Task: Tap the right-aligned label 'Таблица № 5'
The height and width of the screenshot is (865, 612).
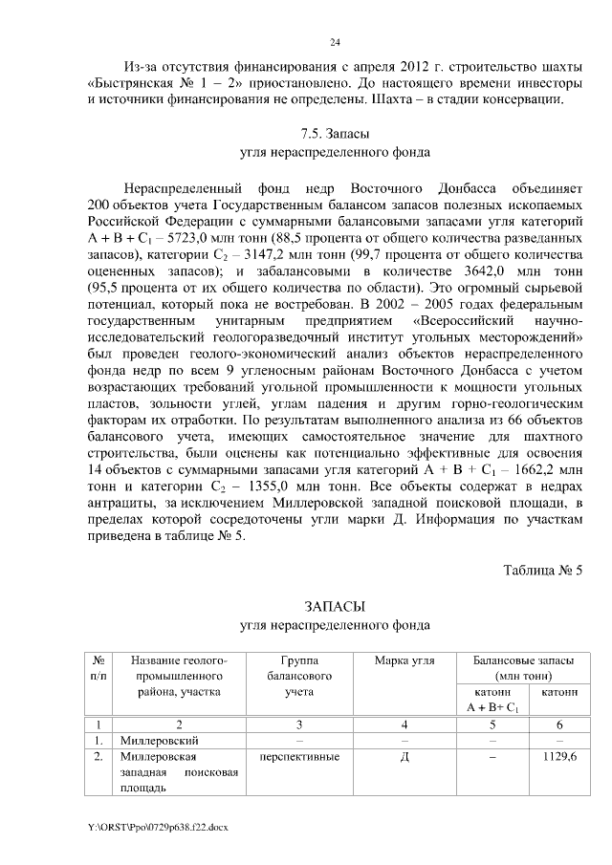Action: pyautogui.click(x=542, y=571)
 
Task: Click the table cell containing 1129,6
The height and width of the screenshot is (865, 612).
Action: pyautogui.click(x=559, y=757)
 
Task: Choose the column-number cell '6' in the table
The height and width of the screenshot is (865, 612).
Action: pyautogui.click(x=559, y=724)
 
